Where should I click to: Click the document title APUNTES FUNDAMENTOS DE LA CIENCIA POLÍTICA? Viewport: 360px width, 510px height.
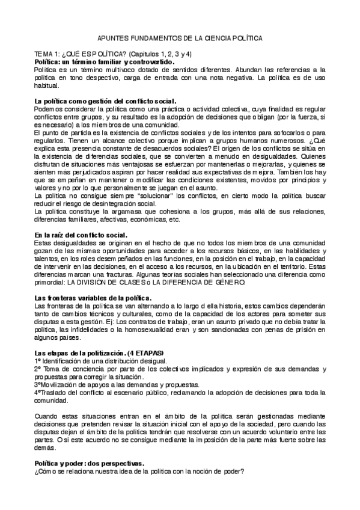(180, 37)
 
